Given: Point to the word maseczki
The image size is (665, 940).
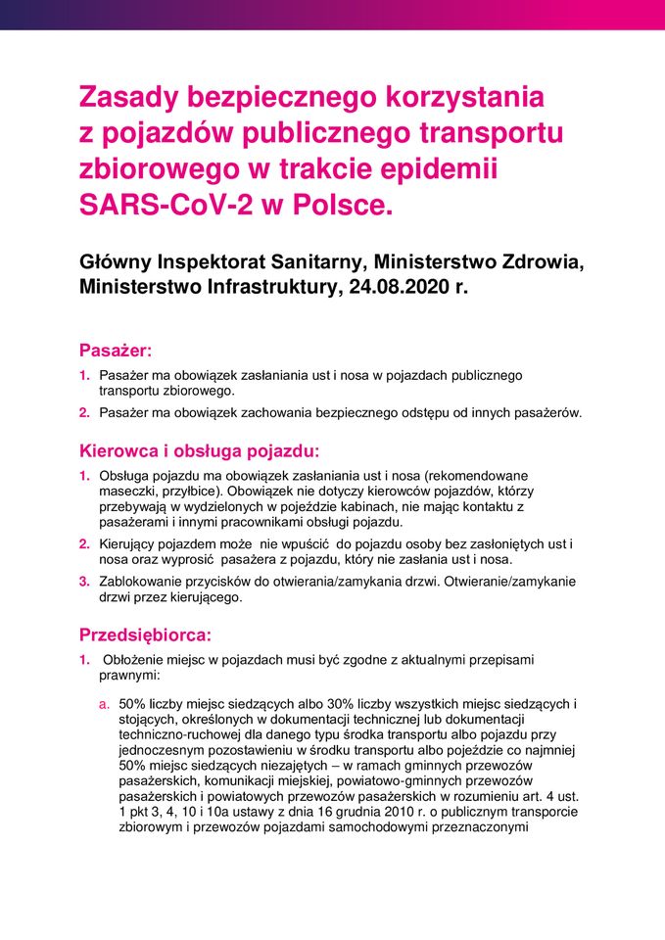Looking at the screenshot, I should coord(125,491).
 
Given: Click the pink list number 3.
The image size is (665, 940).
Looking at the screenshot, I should coord(84,581).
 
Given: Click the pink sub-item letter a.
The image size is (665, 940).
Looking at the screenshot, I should coord(103,703).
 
